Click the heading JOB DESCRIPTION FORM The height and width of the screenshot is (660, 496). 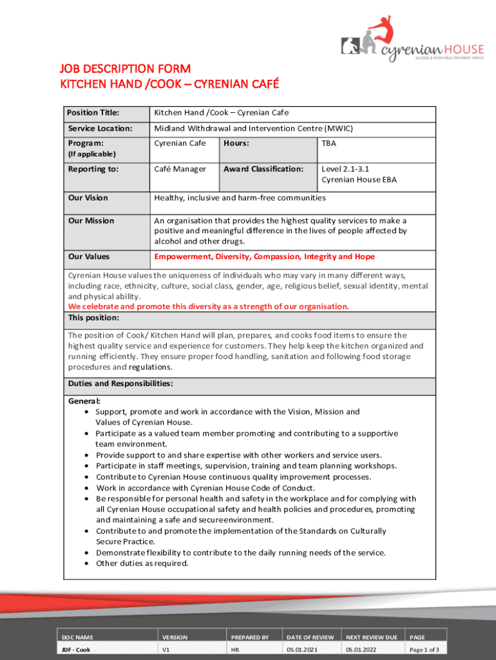pyautogui.click(x=125, y=69)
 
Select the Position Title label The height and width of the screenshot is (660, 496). pyautogui.click(x=93, y=113)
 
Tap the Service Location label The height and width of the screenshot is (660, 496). pyautogui.click(x=100, y=128)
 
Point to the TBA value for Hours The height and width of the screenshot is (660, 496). pyautogui.click(x=329, y=143)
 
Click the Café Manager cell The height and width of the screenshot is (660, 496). pyautogui.click(x=180, y=169)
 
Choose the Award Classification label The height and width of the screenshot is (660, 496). pyautogui.click(x=263, y=169)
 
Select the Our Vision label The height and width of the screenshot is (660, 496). pyautogui.click(x=88, y=198)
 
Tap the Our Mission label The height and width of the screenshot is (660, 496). pyautogui.click(x=91, y=220)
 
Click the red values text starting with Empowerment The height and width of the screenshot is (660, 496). pyautogui.click(x=264, y=257)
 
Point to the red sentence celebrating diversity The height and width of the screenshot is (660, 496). pyautogui.click(x=209, y=306)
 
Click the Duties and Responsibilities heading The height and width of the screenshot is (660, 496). pyautogui.click(x=120, y=383)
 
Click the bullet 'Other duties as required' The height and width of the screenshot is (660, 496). pyautogui.click(x=142, y=563)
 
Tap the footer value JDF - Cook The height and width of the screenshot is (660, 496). pyautogui.click(x=77, y=650)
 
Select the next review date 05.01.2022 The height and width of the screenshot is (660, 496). pyautogui.click(x=361, y=650)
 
